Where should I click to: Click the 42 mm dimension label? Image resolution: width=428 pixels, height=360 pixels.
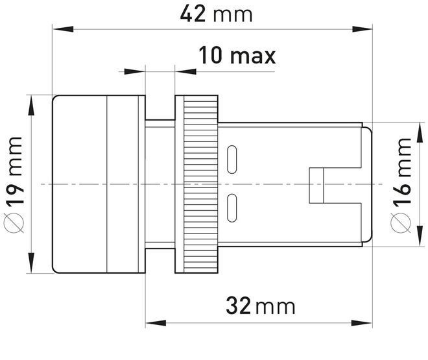click(x=216, y=14)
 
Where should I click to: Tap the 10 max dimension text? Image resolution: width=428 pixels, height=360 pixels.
click(x=237, y=55)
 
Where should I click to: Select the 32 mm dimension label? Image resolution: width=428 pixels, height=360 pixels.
click(x=261, y=306)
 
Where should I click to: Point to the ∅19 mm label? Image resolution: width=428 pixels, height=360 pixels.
click(x=14, y=185)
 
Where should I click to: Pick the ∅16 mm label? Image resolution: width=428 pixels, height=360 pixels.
click(x=401, y=186)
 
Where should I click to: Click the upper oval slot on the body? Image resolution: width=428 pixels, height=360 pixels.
click(x=232, y=160)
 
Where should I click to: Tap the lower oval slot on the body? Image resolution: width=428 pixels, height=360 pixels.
click(x=232, y=208)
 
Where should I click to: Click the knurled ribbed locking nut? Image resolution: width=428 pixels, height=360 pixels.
click(x=200, y=184)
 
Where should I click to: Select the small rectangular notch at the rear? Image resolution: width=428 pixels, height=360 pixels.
click(x=316, y=186)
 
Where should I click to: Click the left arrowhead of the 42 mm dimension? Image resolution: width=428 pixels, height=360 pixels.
click(x=63, y=29)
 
